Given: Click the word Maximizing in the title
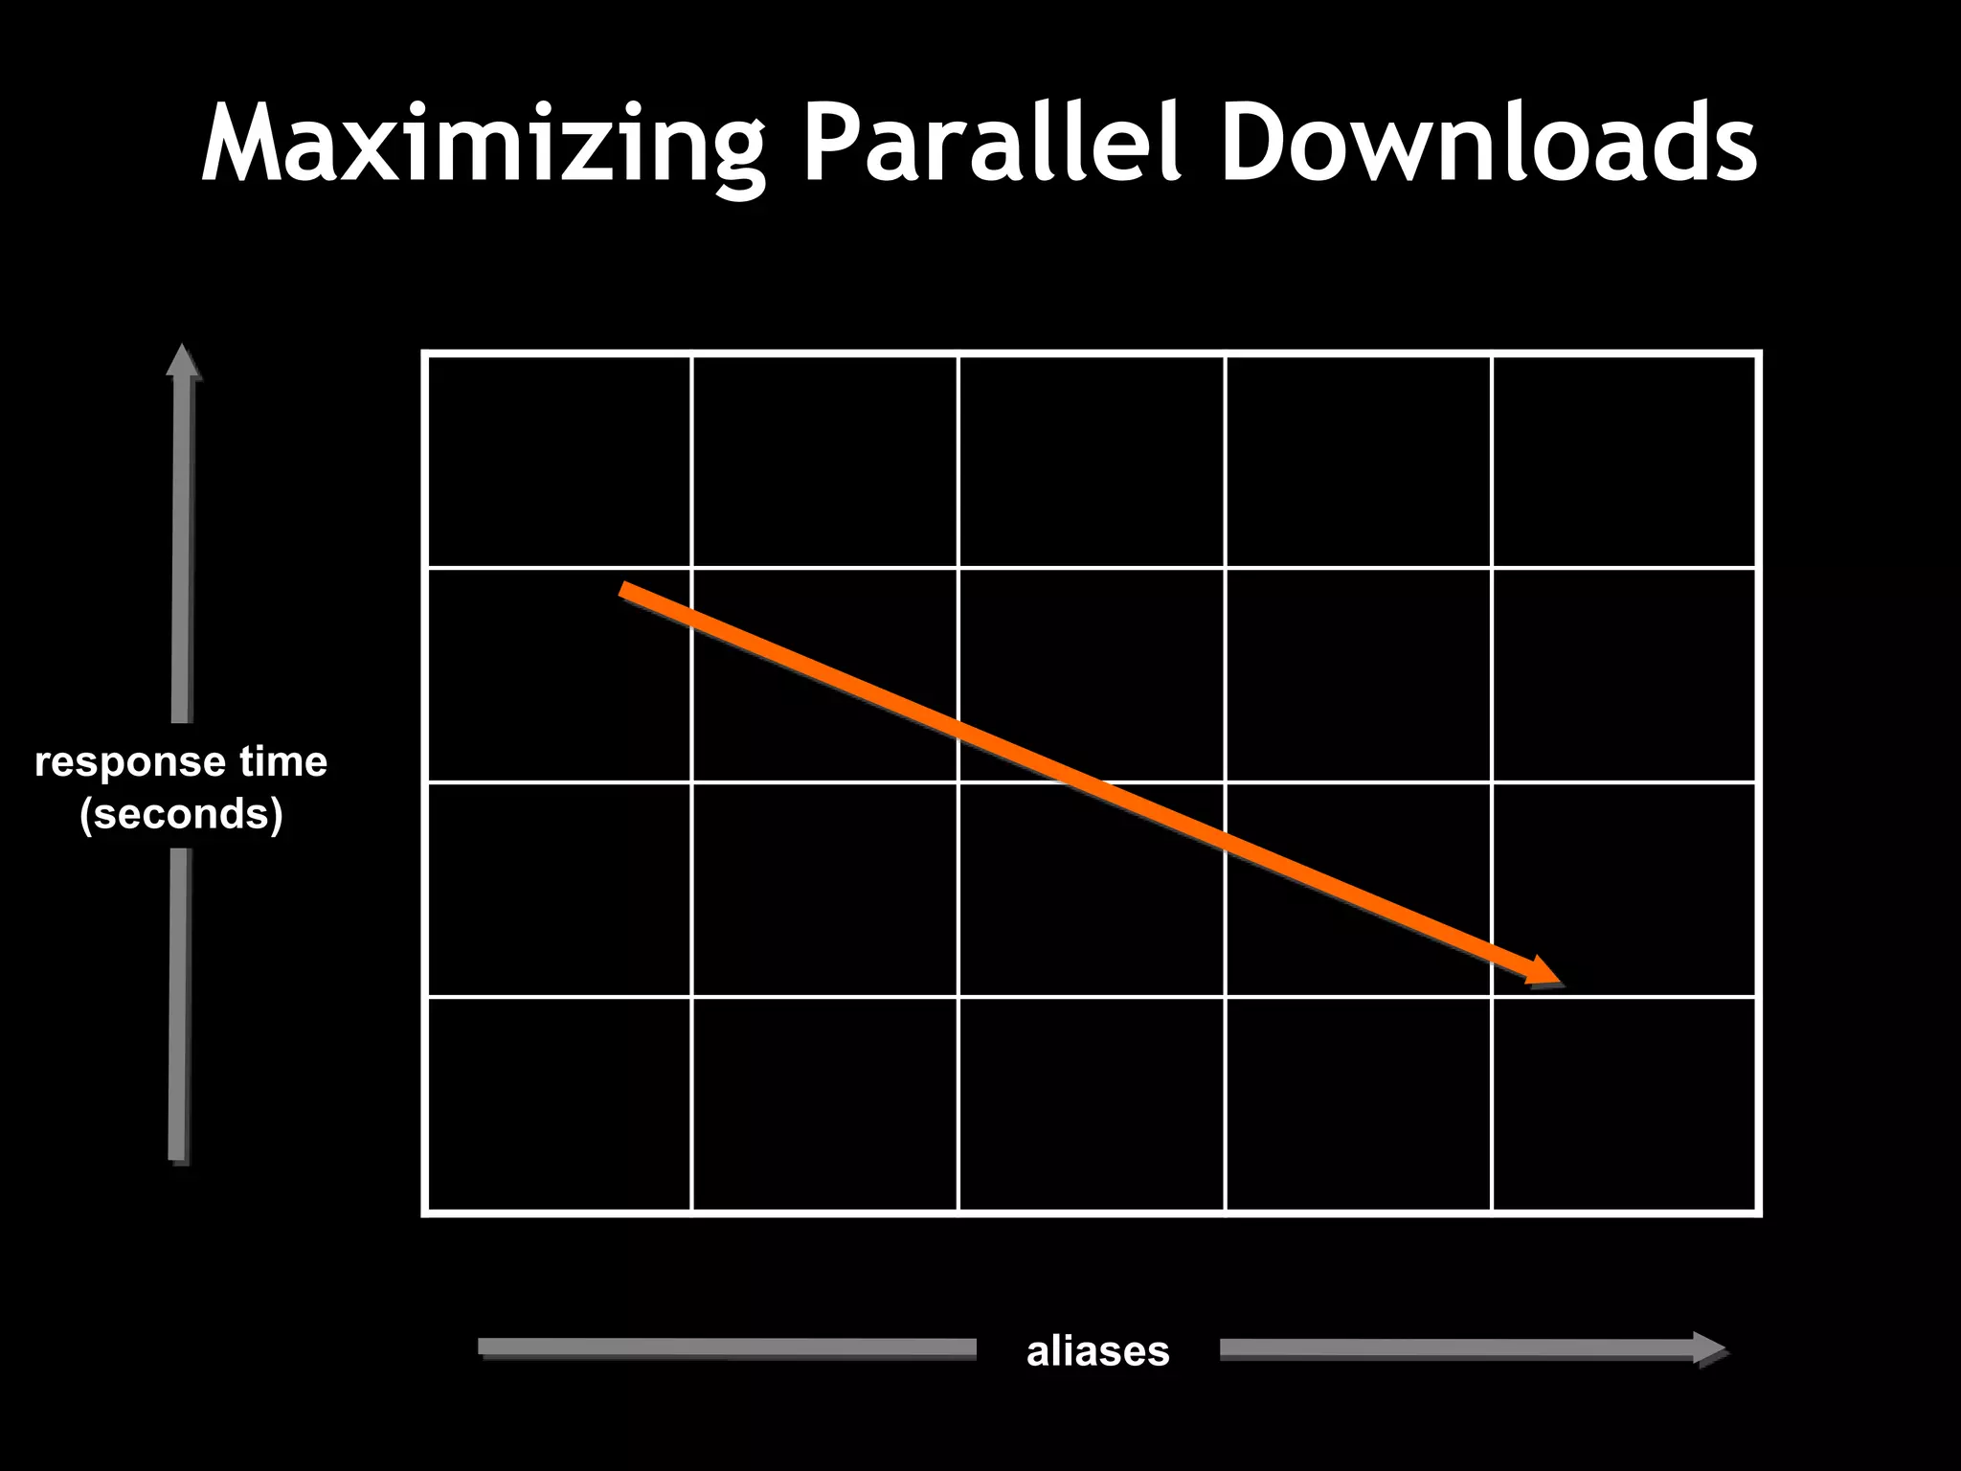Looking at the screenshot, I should pos(484,144).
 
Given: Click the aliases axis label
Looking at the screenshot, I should pos(1097,1351).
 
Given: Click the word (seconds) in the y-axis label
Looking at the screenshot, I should pos(181,814).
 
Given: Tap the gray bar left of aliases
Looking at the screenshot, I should pos(728,1347).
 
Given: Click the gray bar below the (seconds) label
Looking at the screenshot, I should pos(179,1006).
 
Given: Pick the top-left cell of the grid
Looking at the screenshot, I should pos(558,461).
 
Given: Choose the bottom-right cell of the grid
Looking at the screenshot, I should pos(1624,1104).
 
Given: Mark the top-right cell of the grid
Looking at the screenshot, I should pos(1624,461).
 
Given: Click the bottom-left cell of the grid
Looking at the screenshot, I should pos(558,1104).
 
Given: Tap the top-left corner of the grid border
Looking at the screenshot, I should pos(424,353).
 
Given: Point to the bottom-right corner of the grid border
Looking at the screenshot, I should pos(1758,1213).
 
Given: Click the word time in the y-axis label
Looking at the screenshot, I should pos(283,763).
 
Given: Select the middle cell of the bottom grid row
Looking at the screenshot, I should pos(1092,1104).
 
